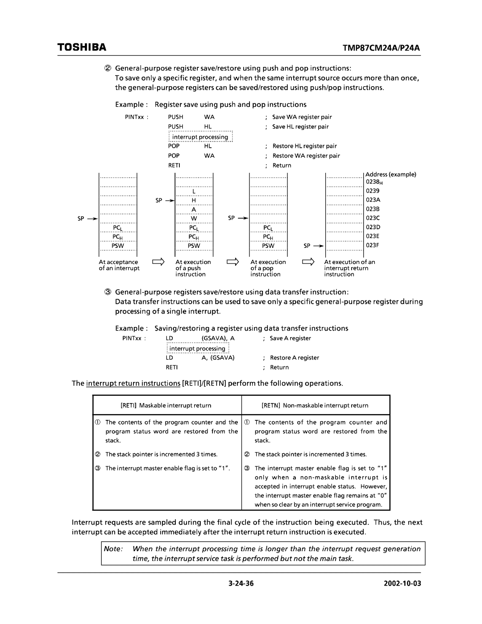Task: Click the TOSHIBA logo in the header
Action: [x=81, y=47]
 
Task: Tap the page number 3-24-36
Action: [x=240, y=583]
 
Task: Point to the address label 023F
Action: [x=373, y=245]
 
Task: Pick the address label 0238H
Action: [x=374, y=182]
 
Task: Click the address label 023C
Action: [x=373, y=218]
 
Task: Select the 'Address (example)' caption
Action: [x=391, y=174]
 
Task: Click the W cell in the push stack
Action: [x=194, y=218]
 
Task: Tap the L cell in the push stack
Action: [x=194, y=191]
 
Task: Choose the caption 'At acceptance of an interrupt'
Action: [x=119, y=265]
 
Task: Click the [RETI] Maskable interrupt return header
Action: [x=166, y=406]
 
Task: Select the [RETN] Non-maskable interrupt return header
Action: [x=315, y=406]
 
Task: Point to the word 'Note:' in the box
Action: [x=113, y=549]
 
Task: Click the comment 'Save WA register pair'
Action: [x=302, y=117]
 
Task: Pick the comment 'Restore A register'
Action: [x=295, y=358]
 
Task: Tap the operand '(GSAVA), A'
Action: [x=218, y=339]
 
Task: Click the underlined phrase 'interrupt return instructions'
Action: [x=133, y=384]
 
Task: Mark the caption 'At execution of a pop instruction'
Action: [x=268, y=268]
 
